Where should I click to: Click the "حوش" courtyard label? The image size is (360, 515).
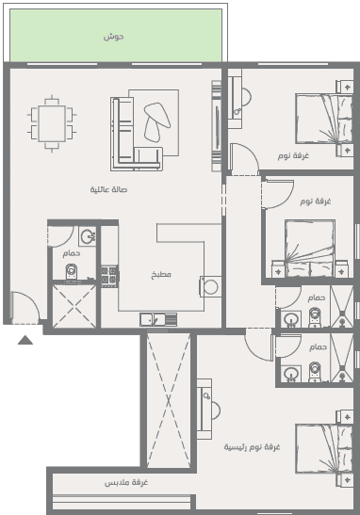pos(114,37)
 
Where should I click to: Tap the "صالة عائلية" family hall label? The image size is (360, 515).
pos(108,189)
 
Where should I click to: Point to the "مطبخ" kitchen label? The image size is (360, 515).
pos(161,275)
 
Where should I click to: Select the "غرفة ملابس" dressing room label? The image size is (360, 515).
pos(126,482)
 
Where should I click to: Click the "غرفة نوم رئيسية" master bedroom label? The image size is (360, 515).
pos(252,447)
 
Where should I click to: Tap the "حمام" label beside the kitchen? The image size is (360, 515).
pos(72,253)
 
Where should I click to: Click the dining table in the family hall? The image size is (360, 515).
pos(52,124)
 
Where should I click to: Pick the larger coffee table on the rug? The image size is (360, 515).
pos(157,115)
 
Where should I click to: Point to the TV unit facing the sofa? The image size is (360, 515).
pos(216,126)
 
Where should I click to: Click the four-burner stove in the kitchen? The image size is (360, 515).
pos(109,275)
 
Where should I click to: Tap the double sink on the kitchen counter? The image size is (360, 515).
pos(158,319)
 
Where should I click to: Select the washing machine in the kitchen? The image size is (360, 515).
pos(210,287)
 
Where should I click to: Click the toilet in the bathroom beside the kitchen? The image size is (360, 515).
pos(71,272)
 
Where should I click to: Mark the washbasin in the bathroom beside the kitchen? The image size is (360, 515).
pos(88,236)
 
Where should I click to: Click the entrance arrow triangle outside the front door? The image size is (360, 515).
pos(25,340)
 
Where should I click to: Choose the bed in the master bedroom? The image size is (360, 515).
pos(324,448)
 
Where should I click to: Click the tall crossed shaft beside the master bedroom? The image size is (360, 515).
pos(169,400)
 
